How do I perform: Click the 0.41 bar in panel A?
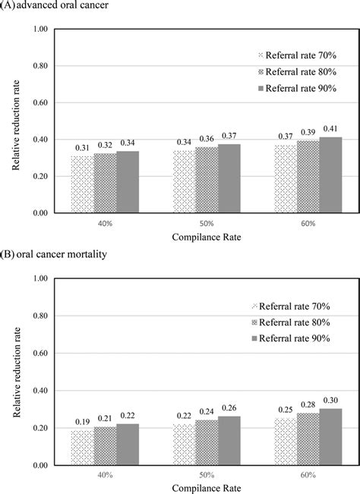click(331, 175)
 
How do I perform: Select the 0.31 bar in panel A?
click(82, 184)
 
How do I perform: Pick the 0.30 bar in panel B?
click(331, 437)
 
